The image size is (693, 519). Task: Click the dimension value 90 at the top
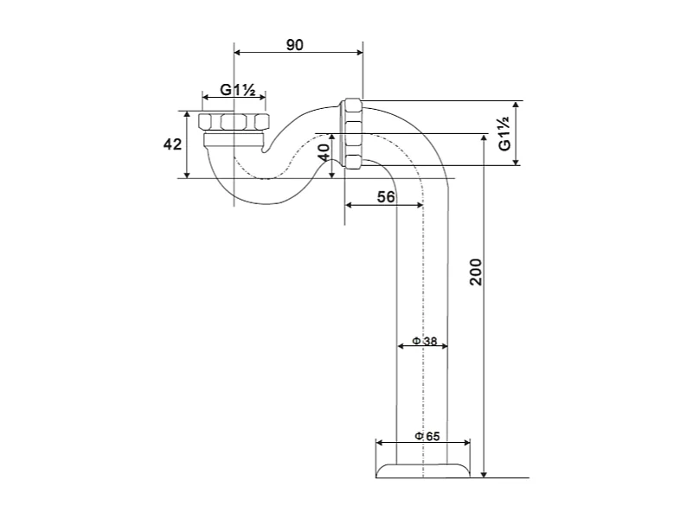(x=295, y=45)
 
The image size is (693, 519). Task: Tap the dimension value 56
(x=386, y=197)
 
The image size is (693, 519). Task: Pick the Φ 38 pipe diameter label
(x=424, y=340)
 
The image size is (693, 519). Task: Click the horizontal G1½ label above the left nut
(x=234, y=89)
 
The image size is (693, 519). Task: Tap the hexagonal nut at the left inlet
(x=232, y=121)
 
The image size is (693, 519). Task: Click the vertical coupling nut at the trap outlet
(x=352, y=133)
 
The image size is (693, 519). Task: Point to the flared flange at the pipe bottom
(x=423, y=470)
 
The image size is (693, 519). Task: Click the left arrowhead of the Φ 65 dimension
(x=379, y=442)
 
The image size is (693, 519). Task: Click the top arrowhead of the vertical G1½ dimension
(x=517, y=105)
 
